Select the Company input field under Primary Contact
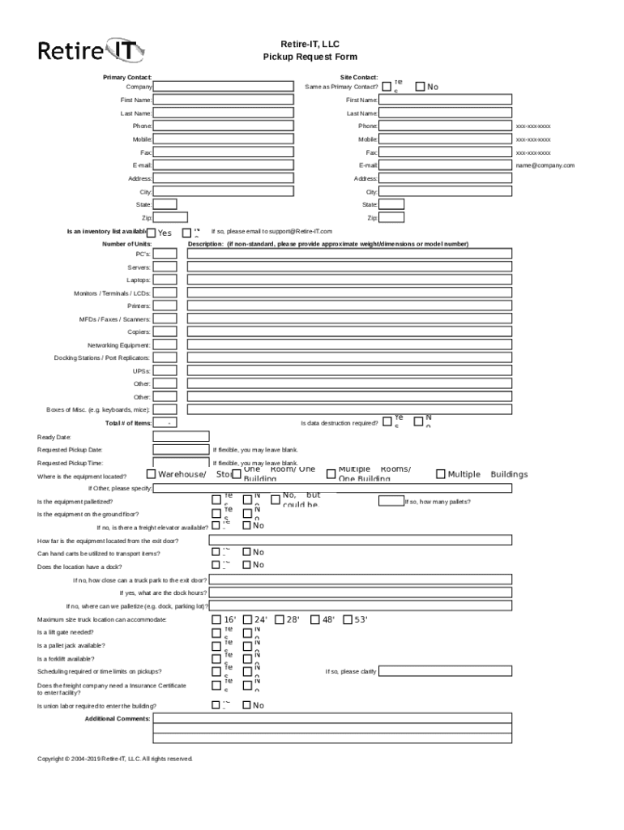coord(223,87)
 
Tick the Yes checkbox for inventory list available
coord(152,233)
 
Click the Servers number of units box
coord(165,267)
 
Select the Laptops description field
coord(349,280)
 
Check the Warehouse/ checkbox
coord(152,474)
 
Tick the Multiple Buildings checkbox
coord(440,474)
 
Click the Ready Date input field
coord(181,436)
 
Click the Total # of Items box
coord(165,423)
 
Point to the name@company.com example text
coord(545,165)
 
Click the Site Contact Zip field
coord(391,217)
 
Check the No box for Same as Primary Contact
coord(420,86)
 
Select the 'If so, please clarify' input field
coord(445,671)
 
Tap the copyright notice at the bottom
coord(115,759)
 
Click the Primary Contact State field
coord(165,204)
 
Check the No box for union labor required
coord(247,705)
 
